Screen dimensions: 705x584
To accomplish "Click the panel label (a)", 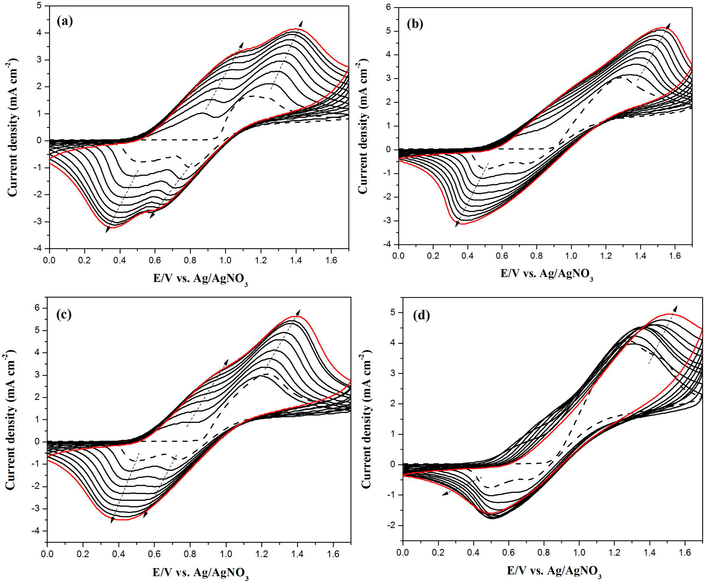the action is tap(65, 22).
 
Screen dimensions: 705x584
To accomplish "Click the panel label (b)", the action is tap(415, 24).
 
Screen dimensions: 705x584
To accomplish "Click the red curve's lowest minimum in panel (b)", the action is tap(463, 224).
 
